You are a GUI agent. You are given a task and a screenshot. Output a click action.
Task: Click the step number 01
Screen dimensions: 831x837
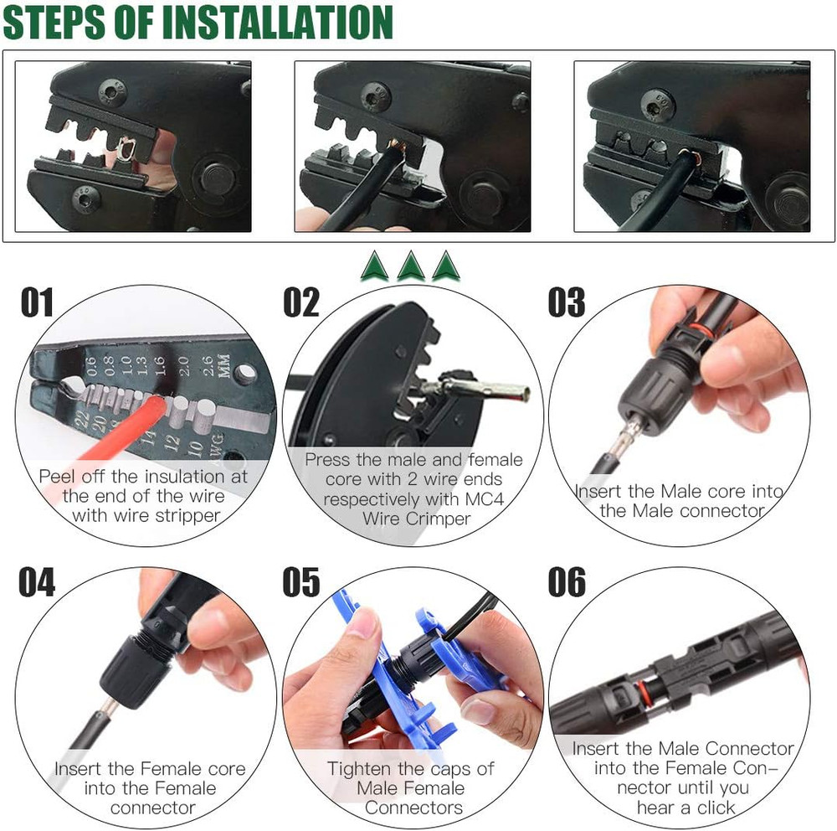click(37, 302)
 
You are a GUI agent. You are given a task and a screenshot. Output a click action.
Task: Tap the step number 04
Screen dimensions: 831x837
click(37, 583)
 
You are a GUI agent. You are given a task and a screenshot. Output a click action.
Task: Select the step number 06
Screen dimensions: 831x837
click(567, 583)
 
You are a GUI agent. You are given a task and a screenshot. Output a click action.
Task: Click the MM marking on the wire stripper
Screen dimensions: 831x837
click(223, 368)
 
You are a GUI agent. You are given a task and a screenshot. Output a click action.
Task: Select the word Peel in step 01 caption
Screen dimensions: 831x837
click(57, 477)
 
